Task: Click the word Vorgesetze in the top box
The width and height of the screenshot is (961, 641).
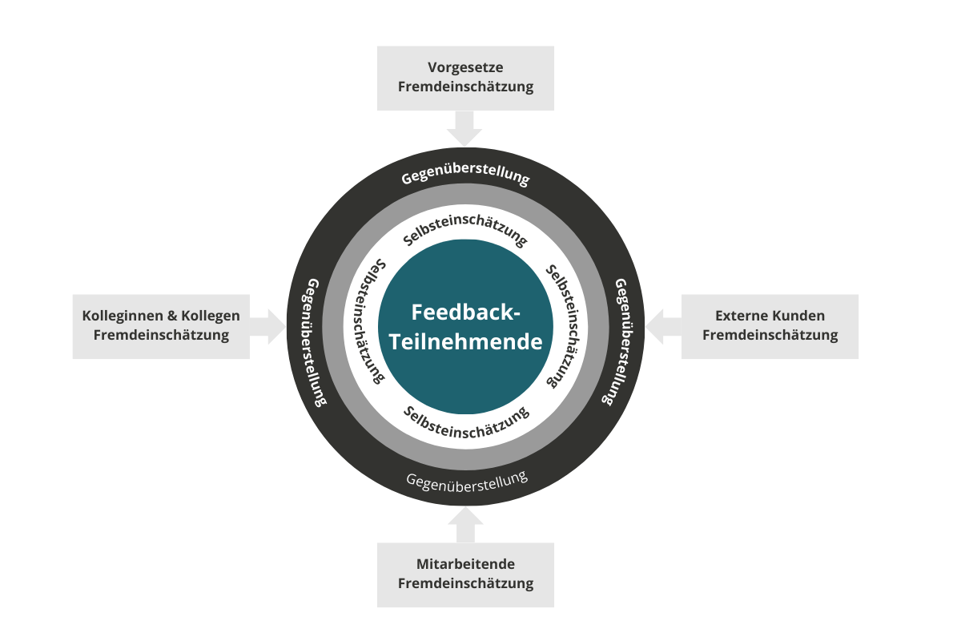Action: (x=465, y=68)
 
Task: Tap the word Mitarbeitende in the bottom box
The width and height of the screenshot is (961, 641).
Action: (x=465, y=564)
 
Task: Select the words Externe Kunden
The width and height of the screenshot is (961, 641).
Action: (x=770, y=316)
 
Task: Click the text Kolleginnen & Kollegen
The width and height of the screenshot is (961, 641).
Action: (x=161, y=316)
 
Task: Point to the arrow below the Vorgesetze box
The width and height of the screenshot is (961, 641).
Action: (x=464, y=128)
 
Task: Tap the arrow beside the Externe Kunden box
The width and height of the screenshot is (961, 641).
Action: (x=663, y=326)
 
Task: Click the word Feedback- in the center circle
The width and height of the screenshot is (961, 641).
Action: (x=465, y=312)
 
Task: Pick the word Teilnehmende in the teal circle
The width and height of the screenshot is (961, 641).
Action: (x=465, y=342)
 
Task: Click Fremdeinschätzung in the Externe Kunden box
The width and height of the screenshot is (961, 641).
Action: (x=770, y=335)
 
